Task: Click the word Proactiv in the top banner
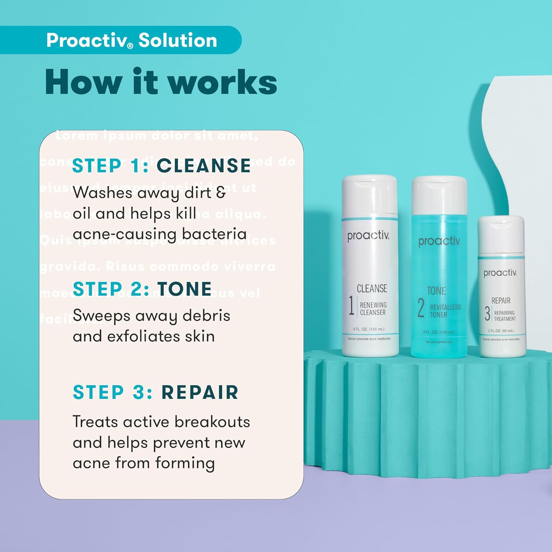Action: [86, 40]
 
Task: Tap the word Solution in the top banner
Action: [178, 40]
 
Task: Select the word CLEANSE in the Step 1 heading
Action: [204, 166]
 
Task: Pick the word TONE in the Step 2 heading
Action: [185, 289]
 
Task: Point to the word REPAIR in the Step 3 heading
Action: [200, 392]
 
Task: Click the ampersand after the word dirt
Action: [221, 192]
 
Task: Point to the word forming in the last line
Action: [185, 463]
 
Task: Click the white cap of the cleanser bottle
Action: [369, 195]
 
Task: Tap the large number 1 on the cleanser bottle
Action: [351, 305]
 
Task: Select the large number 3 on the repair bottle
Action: [487, 313]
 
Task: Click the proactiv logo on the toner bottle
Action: [439, 241]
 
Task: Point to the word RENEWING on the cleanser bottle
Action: [373, 305]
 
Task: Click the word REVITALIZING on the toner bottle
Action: [446, 307]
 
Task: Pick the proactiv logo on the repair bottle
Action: [500, 273]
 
